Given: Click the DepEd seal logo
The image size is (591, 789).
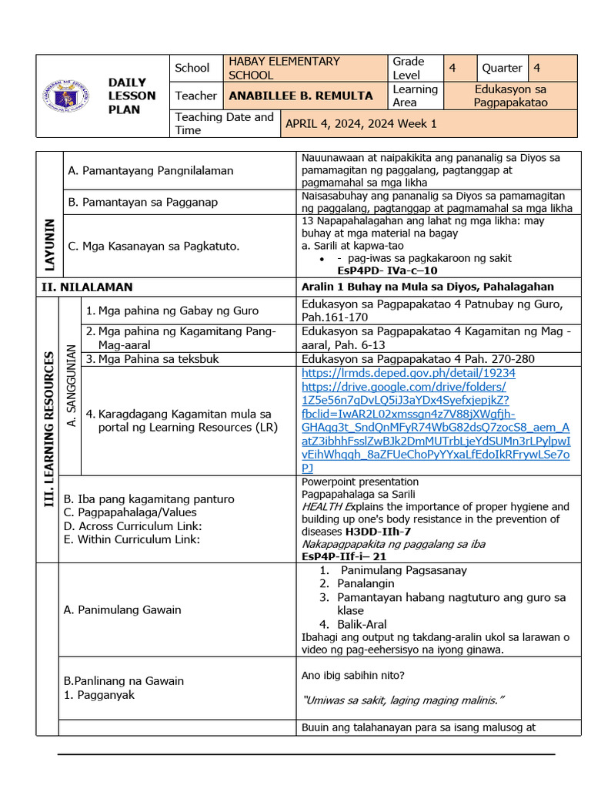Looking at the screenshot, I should pos(65,96).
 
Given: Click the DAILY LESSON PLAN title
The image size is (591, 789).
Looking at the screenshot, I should pos(132,96).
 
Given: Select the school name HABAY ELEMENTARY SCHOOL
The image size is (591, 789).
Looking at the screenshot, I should pos(283,68).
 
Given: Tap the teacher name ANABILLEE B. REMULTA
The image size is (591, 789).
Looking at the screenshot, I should pos(300,96).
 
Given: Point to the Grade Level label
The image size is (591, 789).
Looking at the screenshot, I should pos(408,68).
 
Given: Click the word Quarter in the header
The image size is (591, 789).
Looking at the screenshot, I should pos(503,68).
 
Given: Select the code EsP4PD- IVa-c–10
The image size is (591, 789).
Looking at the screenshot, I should pos(387,270).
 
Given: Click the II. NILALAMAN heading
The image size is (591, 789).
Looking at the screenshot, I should pos(87,287).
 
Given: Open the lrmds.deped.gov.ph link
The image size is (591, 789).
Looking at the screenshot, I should pos(408,372).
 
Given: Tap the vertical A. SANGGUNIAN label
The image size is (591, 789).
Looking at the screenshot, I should pos(72,385).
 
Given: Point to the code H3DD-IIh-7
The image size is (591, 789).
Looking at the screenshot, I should pos(377,532).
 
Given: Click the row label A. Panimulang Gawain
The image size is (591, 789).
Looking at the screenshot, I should pos(122,609).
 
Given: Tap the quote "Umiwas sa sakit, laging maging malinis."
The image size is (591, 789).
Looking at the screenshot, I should pos(403,700).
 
